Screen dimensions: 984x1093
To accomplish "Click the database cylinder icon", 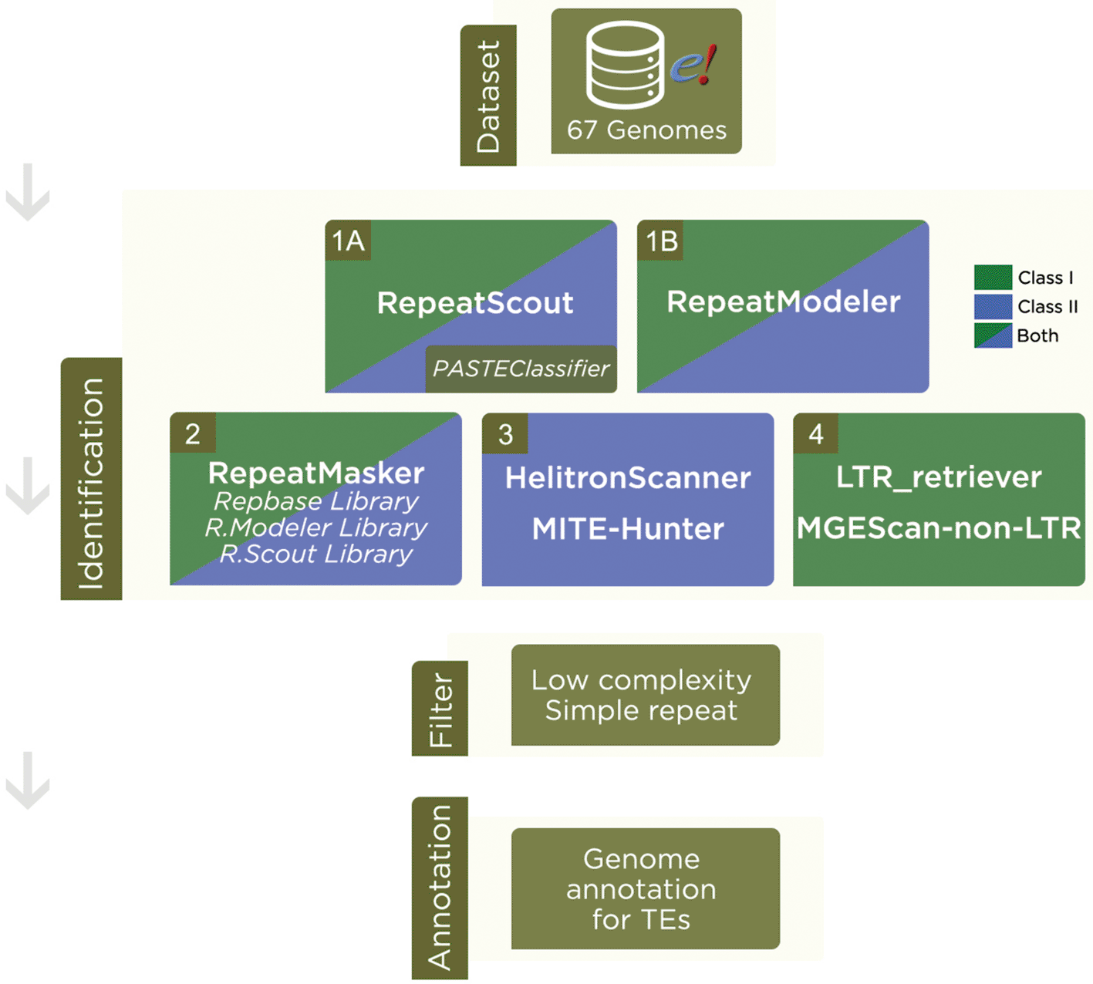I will [625, 65].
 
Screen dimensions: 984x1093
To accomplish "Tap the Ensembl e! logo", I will [693, 65].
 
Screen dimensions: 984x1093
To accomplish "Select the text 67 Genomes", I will [646, 130].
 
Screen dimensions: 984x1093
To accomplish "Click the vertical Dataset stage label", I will [488, 96].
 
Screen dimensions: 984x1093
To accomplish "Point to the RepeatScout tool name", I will [474, 303].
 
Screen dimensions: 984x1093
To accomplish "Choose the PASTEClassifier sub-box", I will [521, 369].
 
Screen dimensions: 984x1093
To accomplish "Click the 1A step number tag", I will [348, 241].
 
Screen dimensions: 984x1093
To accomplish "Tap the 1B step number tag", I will [660, 241].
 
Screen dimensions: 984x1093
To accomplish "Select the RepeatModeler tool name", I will [783, 302].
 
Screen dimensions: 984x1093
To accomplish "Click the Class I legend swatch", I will [993, 277].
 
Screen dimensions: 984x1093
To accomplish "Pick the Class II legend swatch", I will [993, 306].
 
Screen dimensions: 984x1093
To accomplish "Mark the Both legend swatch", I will [993, 335].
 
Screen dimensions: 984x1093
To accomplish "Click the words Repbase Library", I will [316, 501].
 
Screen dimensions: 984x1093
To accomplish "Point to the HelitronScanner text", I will [628, 478].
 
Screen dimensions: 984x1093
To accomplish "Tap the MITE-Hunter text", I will [628, 529].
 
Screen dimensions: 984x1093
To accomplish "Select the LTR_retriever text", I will [939, 477].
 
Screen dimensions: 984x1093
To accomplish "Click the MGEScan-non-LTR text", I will [939, 528].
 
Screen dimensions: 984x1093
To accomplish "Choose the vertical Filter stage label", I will [440, 709].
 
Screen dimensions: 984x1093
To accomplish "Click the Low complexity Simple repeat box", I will [645, 695].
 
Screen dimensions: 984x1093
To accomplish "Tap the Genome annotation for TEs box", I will [645, 888].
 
